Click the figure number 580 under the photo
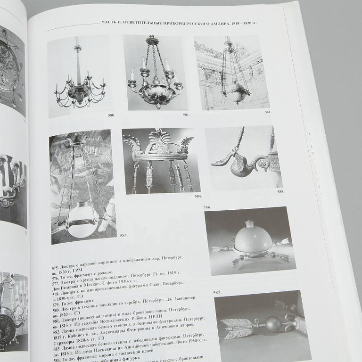click(111, 115)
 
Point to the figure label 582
click(268, 112)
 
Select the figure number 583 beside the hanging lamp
click(124, 234)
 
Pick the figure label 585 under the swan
click(280, 192)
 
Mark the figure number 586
click(207, 207)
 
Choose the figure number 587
click(217, 292)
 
